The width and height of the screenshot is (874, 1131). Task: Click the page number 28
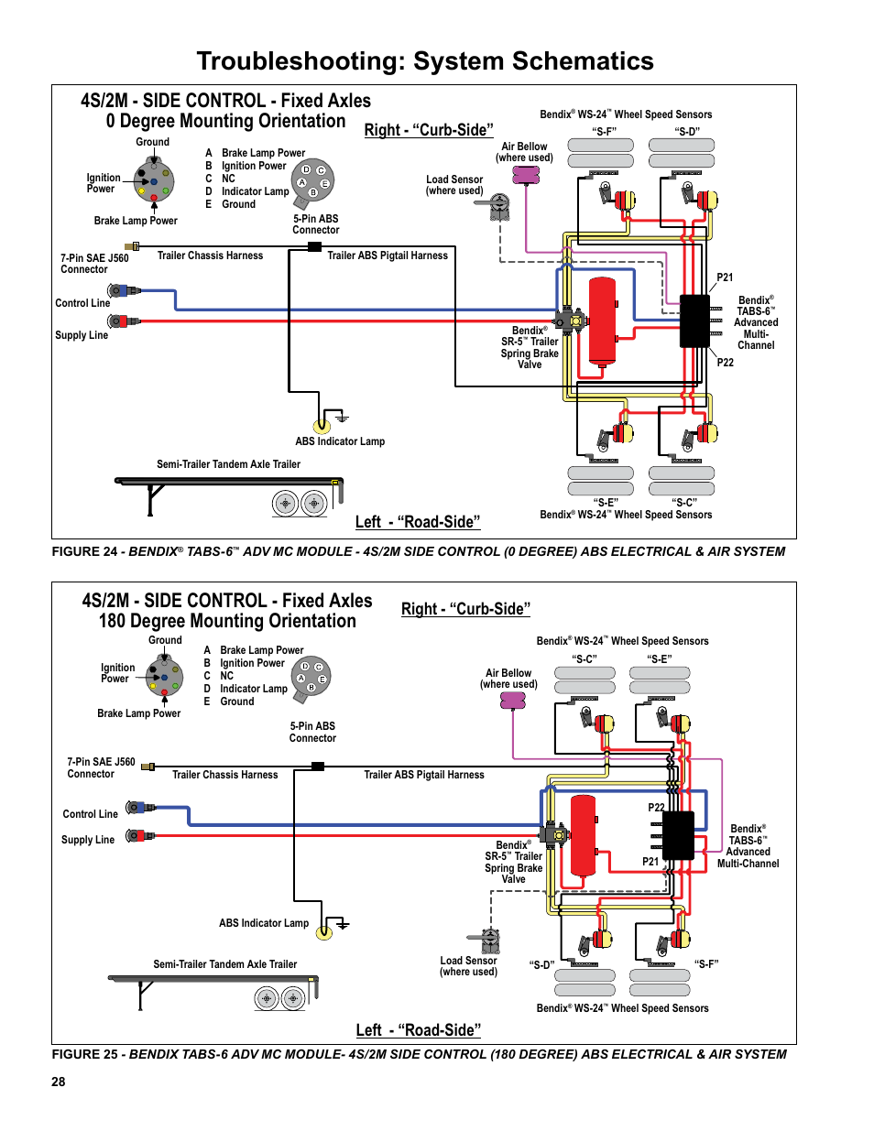pyautogui.click(x=59, y=1082)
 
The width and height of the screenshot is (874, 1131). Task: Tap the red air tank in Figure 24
pyautogui.click(x=602, y=321)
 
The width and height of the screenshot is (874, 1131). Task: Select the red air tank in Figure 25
pyautogui.click(x=584, y=836)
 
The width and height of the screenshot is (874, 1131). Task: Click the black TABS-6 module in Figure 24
pyautogui.click(x=694, y=321)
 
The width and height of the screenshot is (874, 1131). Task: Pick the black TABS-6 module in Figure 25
pyautogui.click(x=678, y=835)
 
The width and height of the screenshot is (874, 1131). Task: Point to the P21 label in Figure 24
pyautogui.click(x=725, y=277)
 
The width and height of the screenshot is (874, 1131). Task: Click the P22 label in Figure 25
pyautogui.click(x=656, y=808)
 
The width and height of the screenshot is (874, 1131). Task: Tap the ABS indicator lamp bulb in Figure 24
pyautogui.click(x=322, y=425)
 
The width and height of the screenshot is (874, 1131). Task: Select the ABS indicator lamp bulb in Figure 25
pyautogui.click(x=323, y=932)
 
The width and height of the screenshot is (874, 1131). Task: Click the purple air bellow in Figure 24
pyautogui.click(x=526, y=174)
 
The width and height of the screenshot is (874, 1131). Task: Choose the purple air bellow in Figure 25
pyautogui.click(x=513, y=701)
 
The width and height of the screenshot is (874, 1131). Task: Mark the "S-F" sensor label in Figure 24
pyautogui.click(x=604, y=132)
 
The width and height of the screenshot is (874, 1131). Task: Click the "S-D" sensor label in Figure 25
pyautogui.click(x=541, y=964)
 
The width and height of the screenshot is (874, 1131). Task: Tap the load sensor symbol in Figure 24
pyautogui.click(x=499, y=207)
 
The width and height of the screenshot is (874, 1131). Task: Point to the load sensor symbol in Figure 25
pyautogui.click(x=491, y=941)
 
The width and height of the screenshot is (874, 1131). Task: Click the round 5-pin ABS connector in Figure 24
pyautogui.click(x=312, y=180)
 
